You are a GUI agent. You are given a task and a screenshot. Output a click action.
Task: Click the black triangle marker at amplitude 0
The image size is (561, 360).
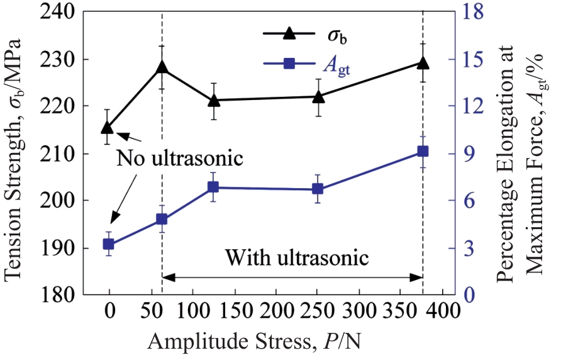click(x=108, y=128)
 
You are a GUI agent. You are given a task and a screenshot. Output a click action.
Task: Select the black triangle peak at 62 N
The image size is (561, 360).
click(x=162, y=67)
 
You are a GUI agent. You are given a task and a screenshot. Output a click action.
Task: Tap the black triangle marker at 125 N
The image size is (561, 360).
click(x=214, y=100)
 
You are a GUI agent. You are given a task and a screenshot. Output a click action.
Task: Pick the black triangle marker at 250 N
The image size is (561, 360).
click(x=318, y=96)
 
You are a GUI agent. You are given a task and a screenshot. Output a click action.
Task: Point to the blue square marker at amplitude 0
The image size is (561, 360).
click(x=108, y=244)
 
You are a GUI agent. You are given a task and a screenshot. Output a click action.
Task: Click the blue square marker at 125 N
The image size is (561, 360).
click(x=214, y=187)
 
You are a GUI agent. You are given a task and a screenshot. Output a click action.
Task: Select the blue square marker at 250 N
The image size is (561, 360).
click(x=318, y=189)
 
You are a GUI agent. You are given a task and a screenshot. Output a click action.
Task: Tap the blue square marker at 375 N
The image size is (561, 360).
click(x=423, y=151)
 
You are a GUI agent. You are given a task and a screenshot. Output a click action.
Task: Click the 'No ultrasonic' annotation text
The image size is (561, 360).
click(x=179, y=158)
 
